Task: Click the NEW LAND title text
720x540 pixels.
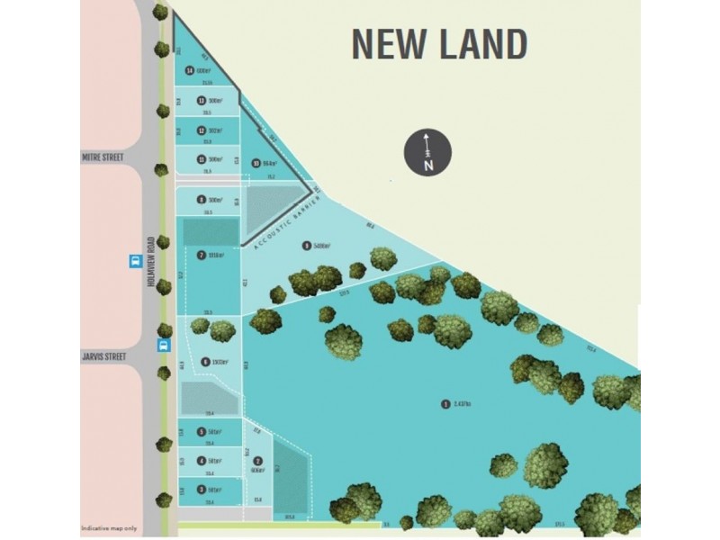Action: click(438, 43)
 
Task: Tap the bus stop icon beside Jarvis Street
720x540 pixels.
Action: click(163, 346)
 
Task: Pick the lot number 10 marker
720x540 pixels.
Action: click(256, 163)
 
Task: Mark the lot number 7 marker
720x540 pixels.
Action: click(202, 255)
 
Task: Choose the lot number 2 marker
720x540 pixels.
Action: click(257, 461)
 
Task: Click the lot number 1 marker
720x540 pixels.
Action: click(445, 404)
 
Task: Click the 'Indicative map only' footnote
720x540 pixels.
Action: click(109, 527)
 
